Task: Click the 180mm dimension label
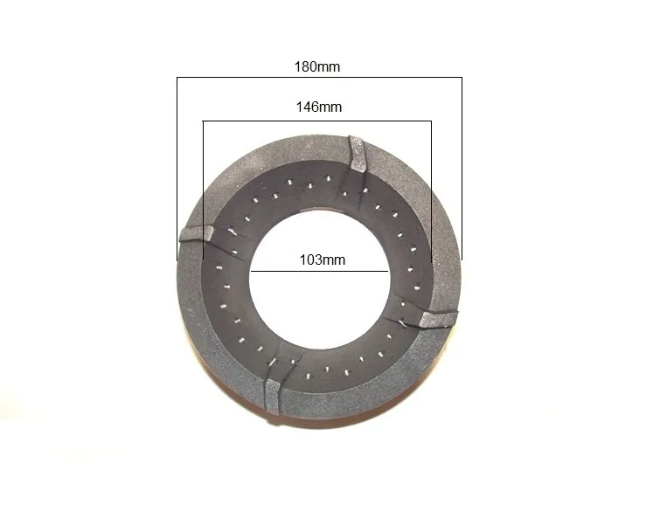[317, 66]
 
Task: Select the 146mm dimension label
[317, 107]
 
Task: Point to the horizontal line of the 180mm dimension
[262, 79]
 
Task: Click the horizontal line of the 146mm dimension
[262, 121]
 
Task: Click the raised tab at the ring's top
[357, 154]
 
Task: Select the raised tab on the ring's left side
[198, 233]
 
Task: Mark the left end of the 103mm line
[252, 271]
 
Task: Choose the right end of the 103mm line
[387, 271]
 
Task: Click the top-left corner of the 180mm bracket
[177, 79]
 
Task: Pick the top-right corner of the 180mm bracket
[462, 79]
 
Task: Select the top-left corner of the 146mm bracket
[203, 121]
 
